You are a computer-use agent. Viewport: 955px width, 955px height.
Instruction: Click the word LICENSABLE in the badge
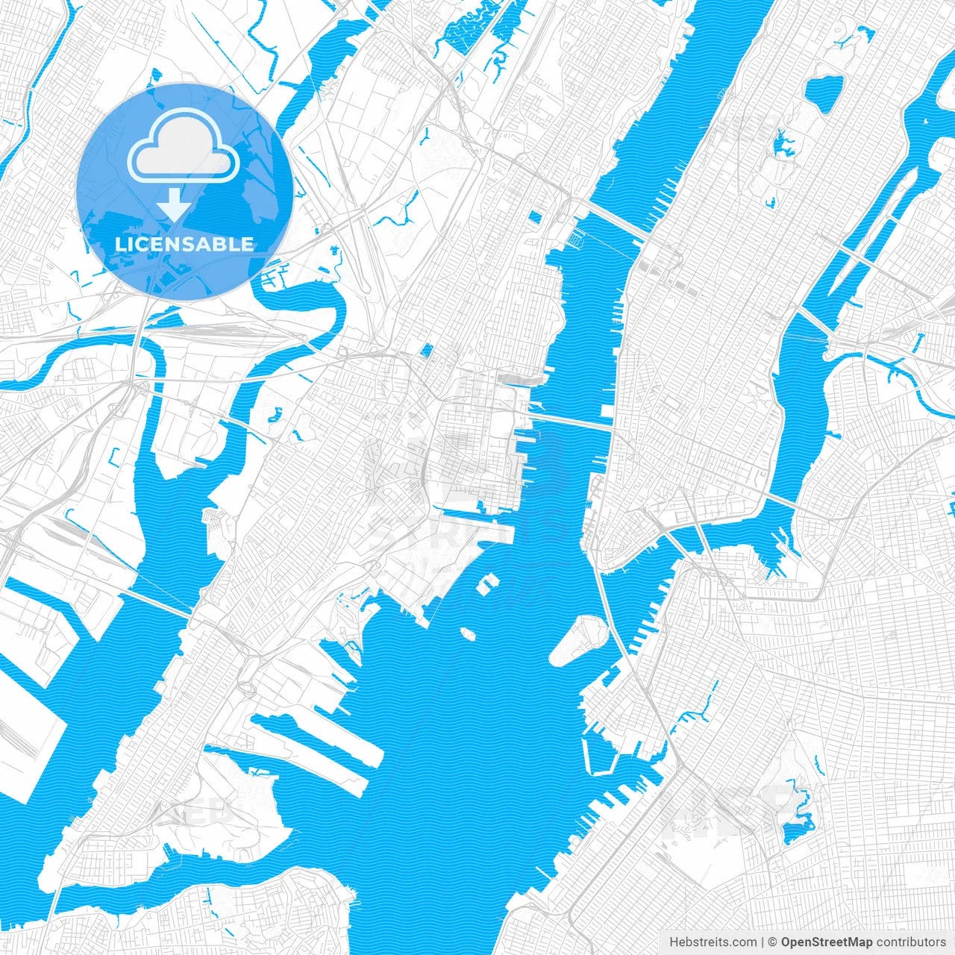coord(184,244)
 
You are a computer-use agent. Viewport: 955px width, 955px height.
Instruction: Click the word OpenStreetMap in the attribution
coord(827,942)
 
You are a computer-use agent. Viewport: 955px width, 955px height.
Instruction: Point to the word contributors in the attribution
coord(911,942)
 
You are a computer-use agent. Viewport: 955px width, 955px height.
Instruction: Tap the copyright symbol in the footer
coord(773,942)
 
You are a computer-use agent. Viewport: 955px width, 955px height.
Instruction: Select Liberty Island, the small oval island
coord(469,633)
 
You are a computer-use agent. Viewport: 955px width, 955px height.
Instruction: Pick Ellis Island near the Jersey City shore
coord(489,583)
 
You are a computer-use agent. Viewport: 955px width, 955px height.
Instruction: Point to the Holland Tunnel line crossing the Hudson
coord(571,422)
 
